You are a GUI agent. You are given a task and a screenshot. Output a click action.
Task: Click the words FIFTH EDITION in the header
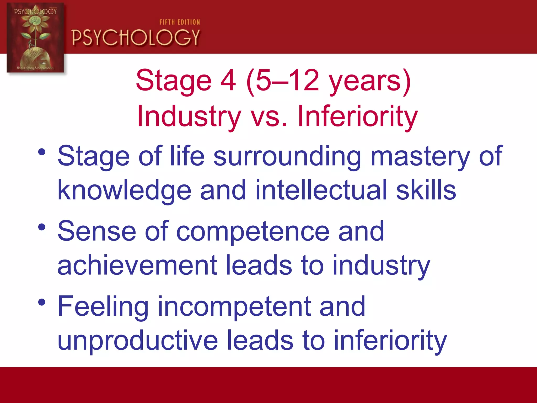(180, 22)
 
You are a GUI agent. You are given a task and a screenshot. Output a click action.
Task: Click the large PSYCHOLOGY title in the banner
(136, 38)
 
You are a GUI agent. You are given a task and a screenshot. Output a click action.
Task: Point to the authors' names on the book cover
(35, 68)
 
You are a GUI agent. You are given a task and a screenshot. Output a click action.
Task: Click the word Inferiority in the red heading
(357, 116)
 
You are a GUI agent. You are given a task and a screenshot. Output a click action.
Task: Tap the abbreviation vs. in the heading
(269, 116)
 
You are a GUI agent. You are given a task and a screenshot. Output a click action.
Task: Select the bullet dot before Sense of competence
(42, 227)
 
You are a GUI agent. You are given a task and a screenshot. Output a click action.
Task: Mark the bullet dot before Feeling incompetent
(42, 302)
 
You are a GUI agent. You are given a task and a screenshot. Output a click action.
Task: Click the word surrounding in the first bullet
(287, 157)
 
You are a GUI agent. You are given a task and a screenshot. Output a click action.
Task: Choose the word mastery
(420, 157)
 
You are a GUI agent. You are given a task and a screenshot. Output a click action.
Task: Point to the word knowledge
(124, 190)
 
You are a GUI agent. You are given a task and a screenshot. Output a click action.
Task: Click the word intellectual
(321, 190)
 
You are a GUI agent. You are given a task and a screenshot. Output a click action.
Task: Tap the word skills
(426, 190)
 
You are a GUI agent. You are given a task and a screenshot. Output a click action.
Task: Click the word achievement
(137, 266)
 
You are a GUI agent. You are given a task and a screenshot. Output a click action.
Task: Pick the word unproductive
(138, 341)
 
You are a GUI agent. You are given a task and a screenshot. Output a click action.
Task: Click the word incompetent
(234, 307)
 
